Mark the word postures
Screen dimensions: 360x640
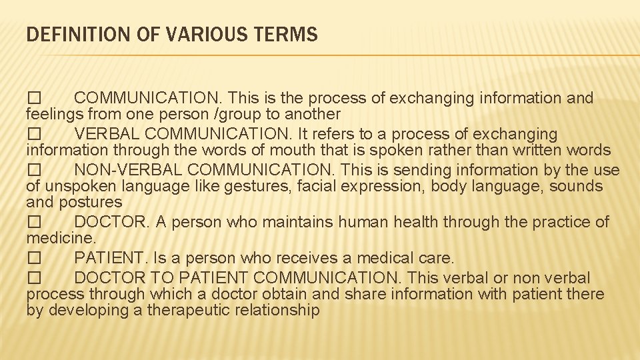pos(91,202)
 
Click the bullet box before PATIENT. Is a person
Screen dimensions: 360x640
pos(34,258)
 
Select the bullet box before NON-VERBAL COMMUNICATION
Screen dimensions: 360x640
pos(34,170)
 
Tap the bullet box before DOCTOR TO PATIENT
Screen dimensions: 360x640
pos(34,278)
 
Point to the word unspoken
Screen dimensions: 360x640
pos(79,186)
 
